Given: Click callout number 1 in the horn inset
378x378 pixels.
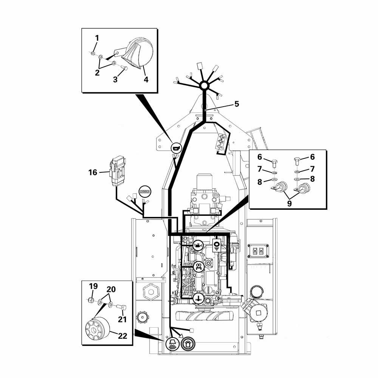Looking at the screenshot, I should point(97,38).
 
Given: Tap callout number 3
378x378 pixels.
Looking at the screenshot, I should point(115,80).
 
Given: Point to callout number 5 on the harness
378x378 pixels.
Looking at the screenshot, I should point(237,104).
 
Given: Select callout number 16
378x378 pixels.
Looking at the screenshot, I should point(93,172).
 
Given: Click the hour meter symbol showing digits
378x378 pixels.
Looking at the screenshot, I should point(144,192).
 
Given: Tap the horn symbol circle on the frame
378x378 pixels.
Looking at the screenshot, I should point(176,148).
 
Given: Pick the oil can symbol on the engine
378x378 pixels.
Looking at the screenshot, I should point(197,245).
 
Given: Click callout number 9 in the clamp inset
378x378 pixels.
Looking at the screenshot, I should point(289,203).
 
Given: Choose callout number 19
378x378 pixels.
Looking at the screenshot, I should point(93,286).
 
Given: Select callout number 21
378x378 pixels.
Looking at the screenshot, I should point(121,319).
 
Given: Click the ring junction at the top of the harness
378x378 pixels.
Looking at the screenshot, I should point(204,86).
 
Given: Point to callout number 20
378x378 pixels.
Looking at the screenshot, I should point(111,290).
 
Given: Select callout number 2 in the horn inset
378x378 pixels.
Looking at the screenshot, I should point(97,73).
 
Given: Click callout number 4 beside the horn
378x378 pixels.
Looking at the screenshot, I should point(146,80).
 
